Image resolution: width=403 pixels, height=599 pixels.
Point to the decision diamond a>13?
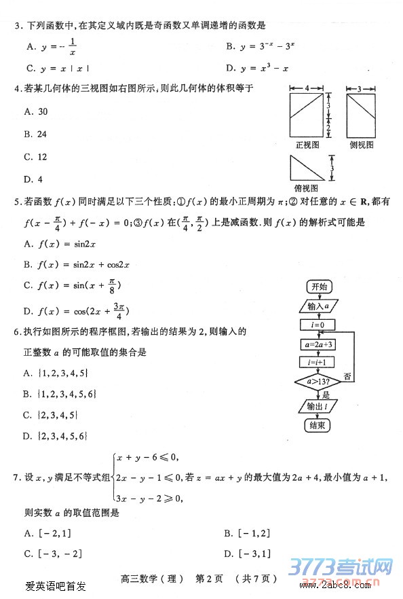pyautogui.click(x=318, y=383)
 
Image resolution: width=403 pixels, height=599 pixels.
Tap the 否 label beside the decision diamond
pyautogui.click(x=347, y=376)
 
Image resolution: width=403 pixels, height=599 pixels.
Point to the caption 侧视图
pyautogui.click(x=361, y=145)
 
